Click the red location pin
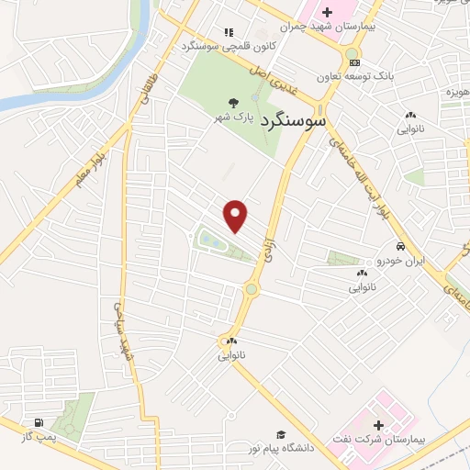(x=237, y=215)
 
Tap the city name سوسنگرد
(x=295, y=120)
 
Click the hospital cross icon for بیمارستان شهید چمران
(x=326, y=12)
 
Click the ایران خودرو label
(x=400, y=262)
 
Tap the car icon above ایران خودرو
(x=400, y=247)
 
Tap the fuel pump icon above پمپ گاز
(x=38, y=424)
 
